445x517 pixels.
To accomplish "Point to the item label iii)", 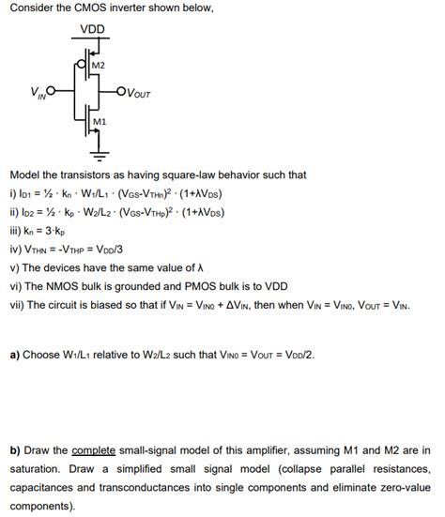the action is tap(16, 230).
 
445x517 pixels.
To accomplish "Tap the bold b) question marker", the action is tap(15, 449).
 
